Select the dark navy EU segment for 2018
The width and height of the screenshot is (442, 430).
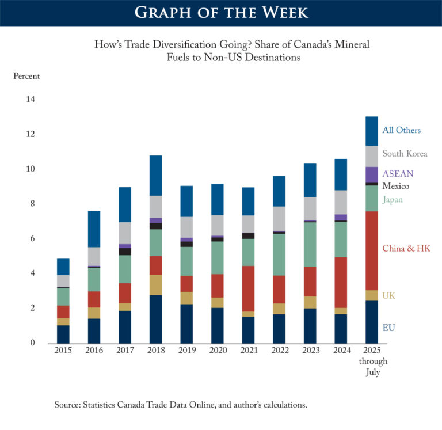click(x=155, y=319)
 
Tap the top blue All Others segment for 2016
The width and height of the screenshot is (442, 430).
click(x=94, y=229)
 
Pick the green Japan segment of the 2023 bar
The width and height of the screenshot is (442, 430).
click(x=310, y=244)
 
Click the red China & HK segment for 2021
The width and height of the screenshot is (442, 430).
click(x=249, y=288)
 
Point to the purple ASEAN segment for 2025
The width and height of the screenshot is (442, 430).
click(x=372, y=175)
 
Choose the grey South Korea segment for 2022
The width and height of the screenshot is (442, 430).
click(x=279, y=218)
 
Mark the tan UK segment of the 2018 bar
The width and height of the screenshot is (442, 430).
click(x=155, y=285)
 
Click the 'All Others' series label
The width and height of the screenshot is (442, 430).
click(x=402, y=130)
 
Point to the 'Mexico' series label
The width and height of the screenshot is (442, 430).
click(x=397, y=187)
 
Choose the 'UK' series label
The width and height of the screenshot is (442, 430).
click(x=389, y=296)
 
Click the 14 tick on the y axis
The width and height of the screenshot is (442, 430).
click(x=29, y=100)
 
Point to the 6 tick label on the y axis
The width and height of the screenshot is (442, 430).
click(x=32, y=239)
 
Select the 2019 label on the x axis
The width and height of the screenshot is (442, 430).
click(x=186, y=351)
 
